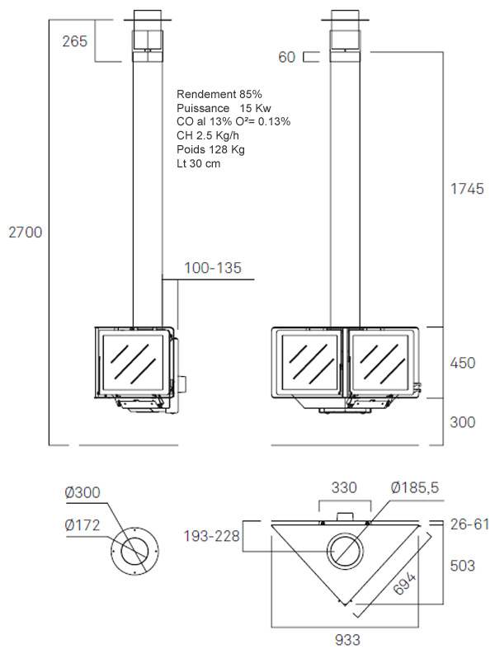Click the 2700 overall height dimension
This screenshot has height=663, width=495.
tap(26, 233)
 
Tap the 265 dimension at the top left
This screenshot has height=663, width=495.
tap(75, 41)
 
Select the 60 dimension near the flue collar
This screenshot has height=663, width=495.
tap(286, 57)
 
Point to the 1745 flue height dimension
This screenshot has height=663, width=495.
tap(467, 189)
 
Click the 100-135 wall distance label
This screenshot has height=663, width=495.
tap(213, 268)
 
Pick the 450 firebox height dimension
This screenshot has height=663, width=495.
tap(463, 363)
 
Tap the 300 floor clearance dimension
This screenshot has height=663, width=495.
tap(463, 422)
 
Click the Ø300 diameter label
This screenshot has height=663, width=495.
tap(82, 492)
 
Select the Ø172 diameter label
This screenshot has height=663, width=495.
tap(82, 525)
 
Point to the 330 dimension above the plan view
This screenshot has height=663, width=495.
tap(344, 487)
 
